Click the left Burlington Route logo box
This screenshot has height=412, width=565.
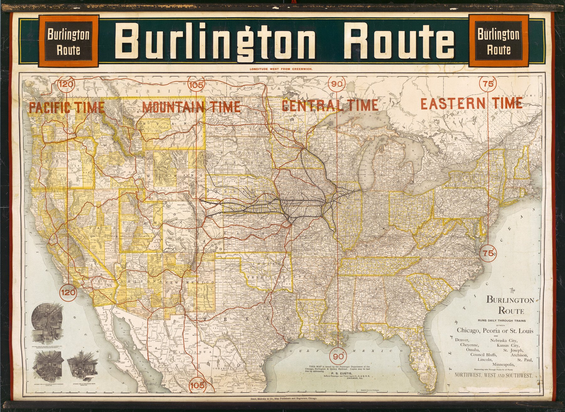(x=68, y=41)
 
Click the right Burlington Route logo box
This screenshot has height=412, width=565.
(x=498, y=41)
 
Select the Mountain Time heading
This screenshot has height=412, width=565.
(x=191, y=107)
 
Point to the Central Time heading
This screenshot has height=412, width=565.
(x=330, y=105)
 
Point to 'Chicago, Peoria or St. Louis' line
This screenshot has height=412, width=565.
(x=495, y=330)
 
